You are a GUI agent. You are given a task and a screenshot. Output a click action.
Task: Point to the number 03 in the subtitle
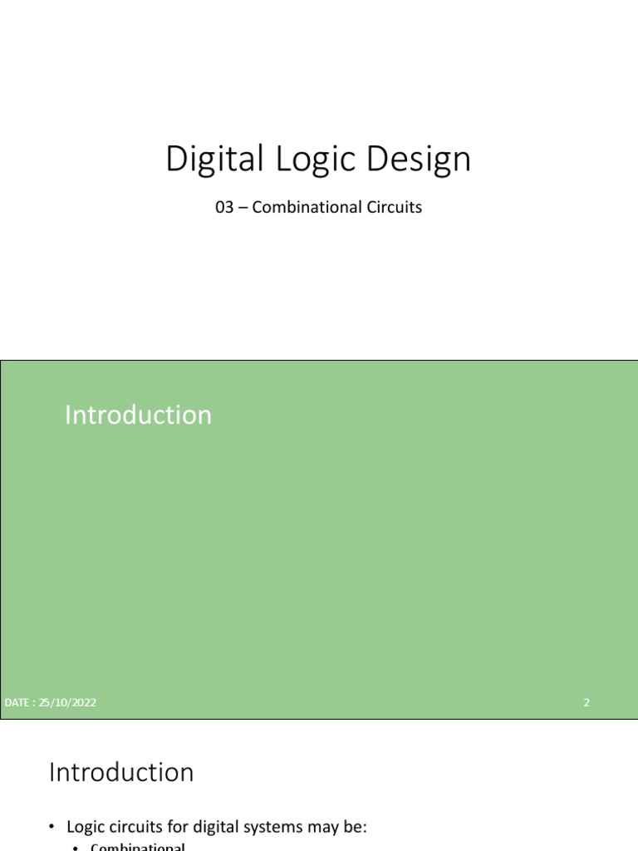click(x=224, y=207)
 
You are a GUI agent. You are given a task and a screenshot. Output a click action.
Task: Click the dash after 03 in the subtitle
click(x=243, y=208)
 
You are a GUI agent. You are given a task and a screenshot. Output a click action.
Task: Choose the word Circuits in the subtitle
click(x=393, y=207)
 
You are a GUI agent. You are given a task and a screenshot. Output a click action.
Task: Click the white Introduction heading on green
click(x=138, y=415)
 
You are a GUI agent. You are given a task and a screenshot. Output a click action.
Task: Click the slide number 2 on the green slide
click(x=586, y=702)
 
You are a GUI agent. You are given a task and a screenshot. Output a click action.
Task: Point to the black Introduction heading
click(x=121, y=772)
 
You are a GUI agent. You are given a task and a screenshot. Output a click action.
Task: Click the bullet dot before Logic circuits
click(x=52, y=827)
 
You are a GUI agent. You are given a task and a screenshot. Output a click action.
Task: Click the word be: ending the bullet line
click(x=356, y=827)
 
